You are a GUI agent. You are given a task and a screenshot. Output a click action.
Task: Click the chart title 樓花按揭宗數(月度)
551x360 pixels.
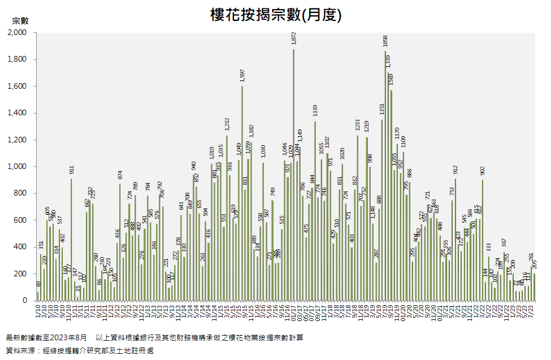pyautogui.click(x=276, y=15)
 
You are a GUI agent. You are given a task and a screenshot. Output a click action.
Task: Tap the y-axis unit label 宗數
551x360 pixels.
pyautogui.click(x=20, y=20)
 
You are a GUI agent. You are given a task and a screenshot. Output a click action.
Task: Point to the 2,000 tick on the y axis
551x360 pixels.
pyautogui.click(x=18, y=33)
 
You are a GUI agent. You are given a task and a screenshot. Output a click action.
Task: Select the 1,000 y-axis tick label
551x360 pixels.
pyautogui.click(x=18, y=167)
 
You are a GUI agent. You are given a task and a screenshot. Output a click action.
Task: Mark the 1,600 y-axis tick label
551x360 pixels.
pyautogui.click(x=18, y=86)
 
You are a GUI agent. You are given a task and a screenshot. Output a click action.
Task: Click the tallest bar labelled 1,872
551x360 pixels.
pyautogui.click(x=294, y=175)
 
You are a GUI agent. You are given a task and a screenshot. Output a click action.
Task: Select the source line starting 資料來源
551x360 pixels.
pyautogui.click(x=79, y=350)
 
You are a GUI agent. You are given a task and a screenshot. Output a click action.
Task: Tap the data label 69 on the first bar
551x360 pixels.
pyautogui.click(x=38, y=284)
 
